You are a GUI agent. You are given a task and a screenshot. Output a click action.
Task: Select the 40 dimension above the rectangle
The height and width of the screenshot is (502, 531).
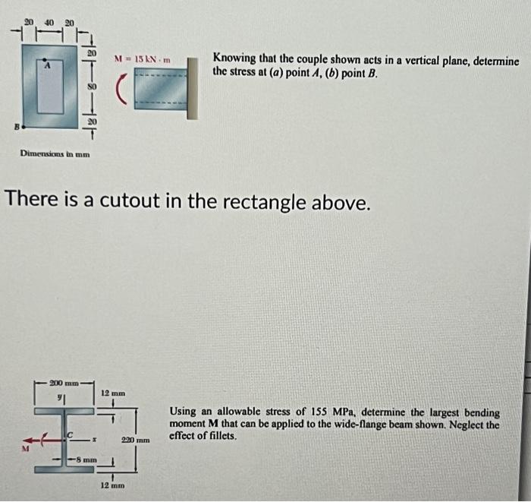[49, 23]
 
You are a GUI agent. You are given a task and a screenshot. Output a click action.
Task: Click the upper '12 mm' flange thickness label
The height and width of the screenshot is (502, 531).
[112, 393]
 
